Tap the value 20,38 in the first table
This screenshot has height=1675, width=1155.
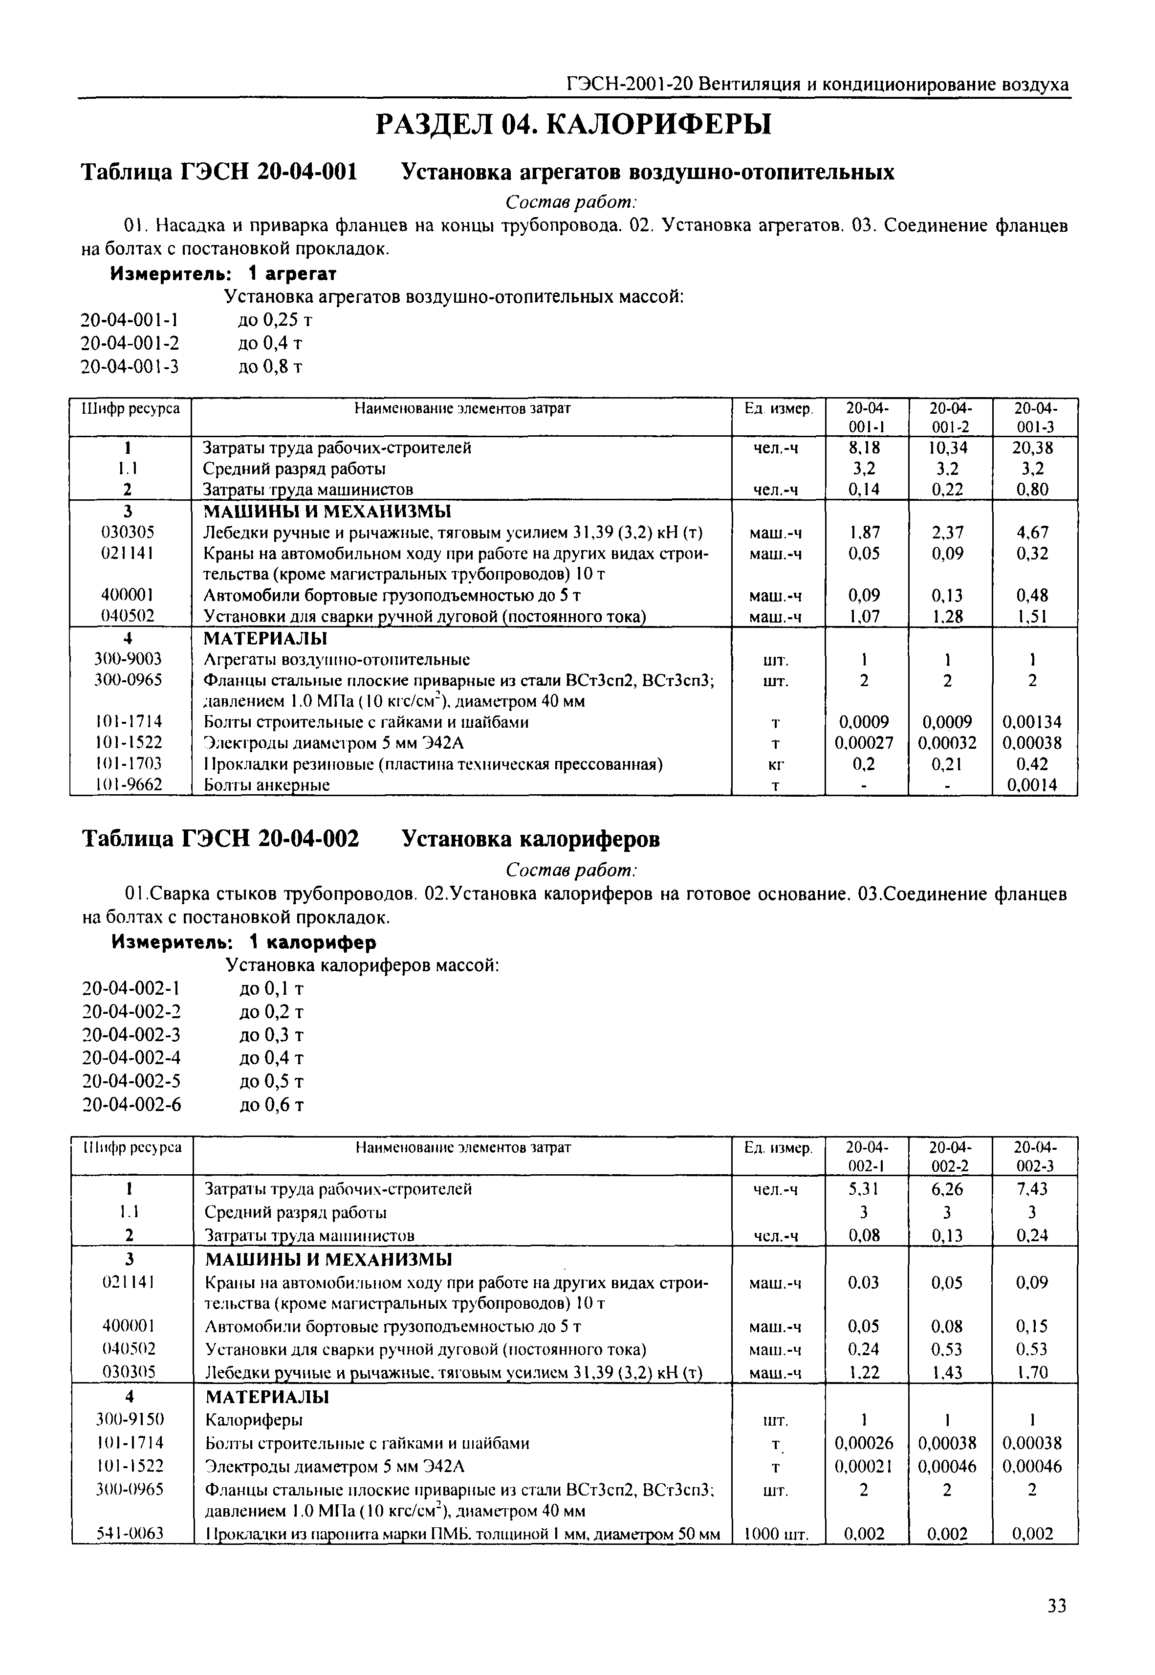1033,447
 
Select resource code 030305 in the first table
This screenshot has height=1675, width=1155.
128,533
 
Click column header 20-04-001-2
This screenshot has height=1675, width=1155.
950,418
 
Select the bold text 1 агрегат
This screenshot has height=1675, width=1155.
292,273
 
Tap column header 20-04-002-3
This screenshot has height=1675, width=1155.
1034,1157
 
